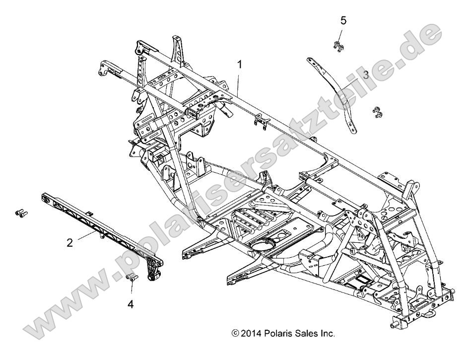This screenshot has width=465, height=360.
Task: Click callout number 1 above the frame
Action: click(240, 65)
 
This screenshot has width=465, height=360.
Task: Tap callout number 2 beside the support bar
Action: click(70, 243)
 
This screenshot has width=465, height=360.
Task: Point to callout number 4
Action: click(131, 303)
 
